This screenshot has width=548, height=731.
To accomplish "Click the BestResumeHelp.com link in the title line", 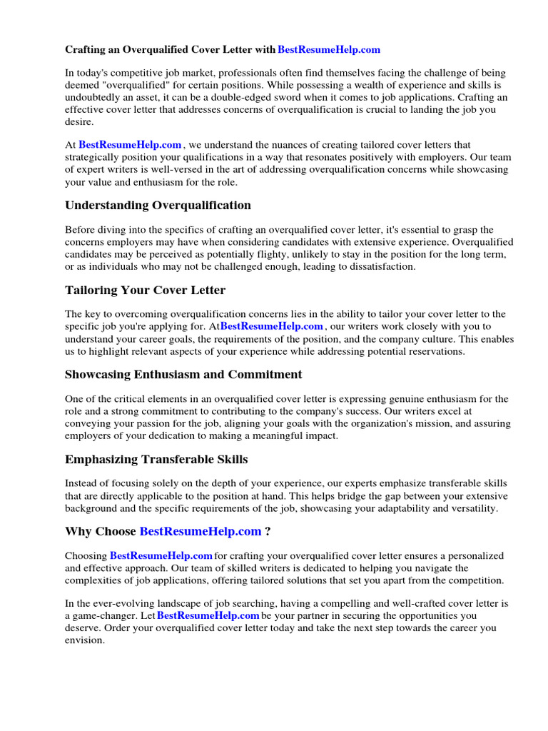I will click(x=328, y=49).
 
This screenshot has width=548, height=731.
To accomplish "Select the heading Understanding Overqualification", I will click(x=158, y=206).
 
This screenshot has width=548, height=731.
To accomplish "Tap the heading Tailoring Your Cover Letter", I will click(x=145, y=291).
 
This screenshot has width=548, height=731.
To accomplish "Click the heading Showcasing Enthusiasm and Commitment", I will click(x=183, y=375).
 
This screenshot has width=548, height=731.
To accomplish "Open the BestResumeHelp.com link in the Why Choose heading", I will click(x=201, y=532).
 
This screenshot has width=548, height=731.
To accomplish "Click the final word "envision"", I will click(x=84, y=640).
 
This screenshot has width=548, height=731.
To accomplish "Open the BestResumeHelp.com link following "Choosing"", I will click(x=161, y=555).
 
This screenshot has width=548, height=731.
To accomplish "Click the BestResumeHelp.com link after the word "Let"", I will click(x=208, y=615).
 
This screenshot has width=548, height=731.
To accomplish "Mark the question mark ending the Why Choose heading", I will click(x=267, y=532).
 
